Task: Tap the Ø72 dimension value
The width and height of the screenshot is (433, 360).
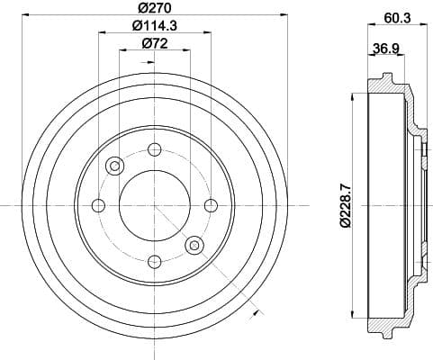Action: pos(154,43)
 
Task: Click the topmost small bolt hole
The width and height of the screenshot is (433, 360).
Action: pos(154,148)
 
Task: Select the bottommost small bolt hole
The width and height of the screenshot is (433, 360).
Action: pos(154,262)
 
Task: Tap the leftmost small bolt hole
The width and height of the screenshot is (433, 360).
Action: pos(97,205)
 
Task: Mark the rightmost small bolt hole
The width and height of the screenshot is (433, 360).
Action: pos(211,205)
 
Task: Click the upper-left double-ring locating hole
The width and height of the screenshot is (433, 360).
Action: pos(114,166)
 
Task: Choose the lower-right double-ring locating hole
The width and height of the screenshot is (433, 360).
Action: pos(194,245)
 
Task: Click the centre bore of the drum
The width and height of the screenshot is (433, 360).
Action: pos(154,205)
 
